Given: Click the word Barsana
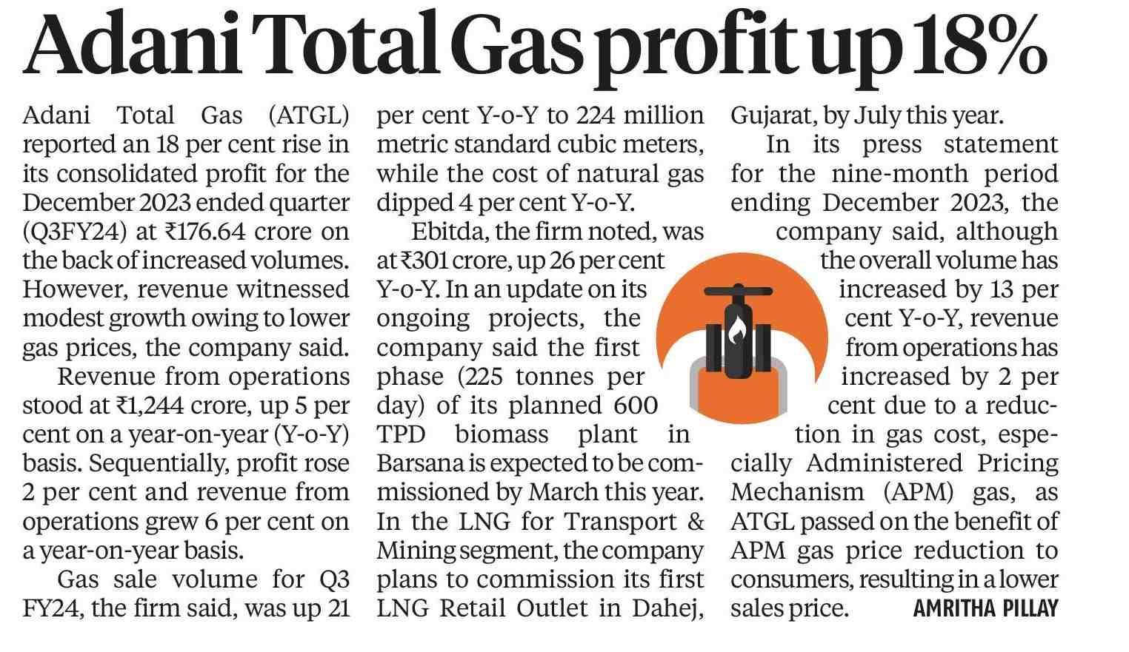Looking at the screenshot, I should pos(419,463).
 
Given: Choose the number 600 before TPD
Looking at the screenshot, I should pos(634,406).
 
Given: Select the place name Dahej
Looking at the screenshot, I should pos(666,608).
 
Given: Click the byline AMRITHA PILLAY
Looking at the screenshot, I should pos(985,609).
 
